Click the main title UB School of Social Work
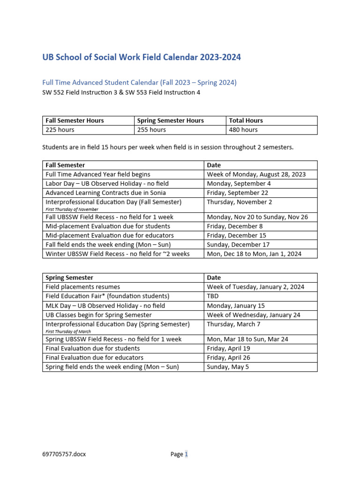[142, 58]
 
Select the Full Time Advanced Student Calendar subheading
[139, 82]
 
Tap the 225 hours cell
[60, 130]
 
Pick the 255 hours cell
[151, 130]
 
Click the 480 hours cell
[243, 130]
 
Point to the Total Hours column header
[246, 120]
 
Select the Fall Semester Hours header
[75, 120]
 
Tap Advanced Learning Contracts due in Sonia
[105, 193]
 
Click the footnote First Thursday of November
[72, 209]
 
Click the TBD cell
[214, 296]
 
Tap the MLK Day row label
[105, 306]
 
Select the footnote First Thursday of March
[68, 331]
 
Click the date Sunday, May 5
[228, 367]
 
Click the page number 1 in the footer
[186, 454]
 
